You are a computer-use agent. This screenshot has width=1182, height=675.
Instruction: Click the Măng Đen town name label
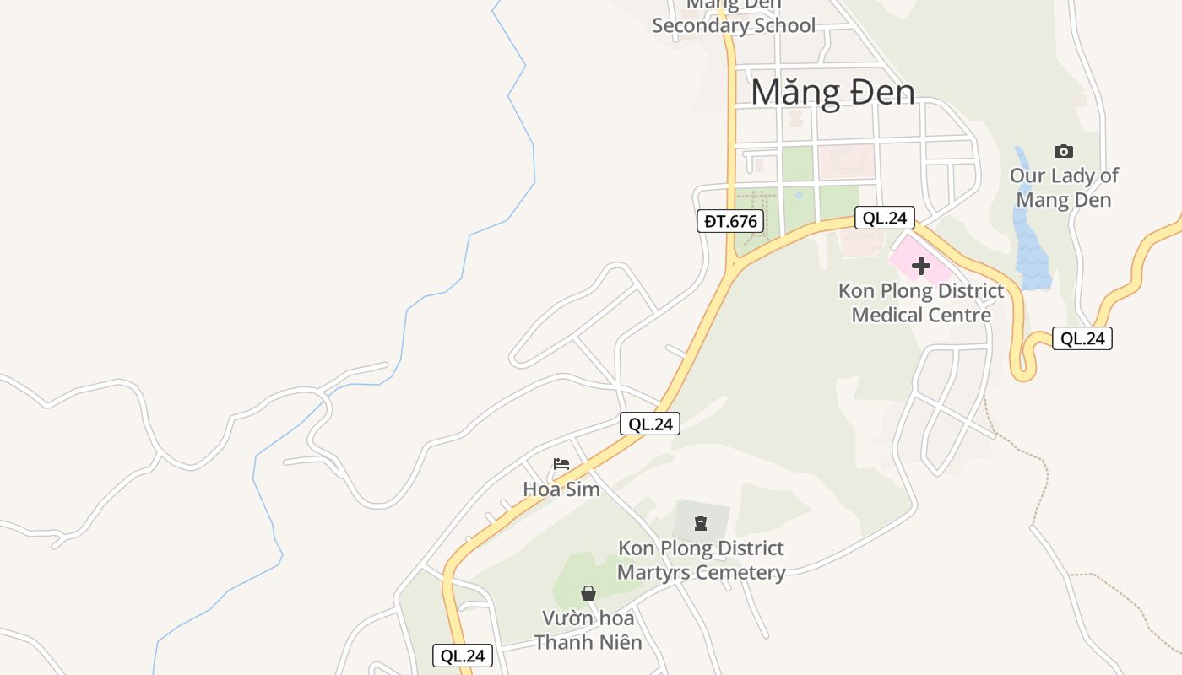coord(832,92)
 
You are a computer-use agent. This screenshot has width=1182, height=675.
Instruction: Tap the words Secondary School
coord(734,25)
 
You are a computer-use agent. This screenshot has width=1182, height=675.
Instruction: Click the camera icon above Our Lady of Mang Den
coord(1064,152)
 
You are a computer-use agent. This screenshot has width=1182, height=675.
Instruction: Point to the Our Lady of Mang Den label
coord(1064,188)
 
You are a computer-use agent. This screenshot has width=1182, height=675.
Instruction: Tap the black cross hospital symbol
coord(921,266)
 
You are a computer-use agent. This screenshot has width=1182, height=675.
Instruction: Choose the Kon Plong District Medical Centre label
coord(921,303)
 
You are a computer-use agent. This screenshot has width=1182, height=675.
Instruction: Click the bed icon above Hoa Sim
coord(561,464)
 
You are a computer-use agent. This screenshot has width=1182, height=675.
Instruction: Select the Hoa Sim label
coord(561,489)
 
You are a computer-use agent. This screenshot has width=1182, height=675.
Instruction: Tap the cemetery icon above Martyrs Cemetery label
coord(701,523)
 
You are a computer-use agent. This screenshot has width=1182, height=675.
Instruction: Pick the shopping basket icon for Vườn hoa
coord(588,594)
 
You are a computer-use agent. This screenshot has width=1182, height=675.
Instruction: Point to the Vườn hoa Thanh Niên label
coord(588,630)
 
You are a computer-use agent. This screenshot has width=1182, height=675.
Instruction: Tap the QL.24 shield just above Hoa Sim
coord(650,424)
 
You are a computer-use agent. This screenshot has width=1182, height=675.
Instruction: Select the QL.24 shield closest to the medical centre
coord(885,218)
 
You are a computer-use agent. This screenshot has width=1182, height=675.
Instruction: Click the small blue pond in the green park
coord(799,196)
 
